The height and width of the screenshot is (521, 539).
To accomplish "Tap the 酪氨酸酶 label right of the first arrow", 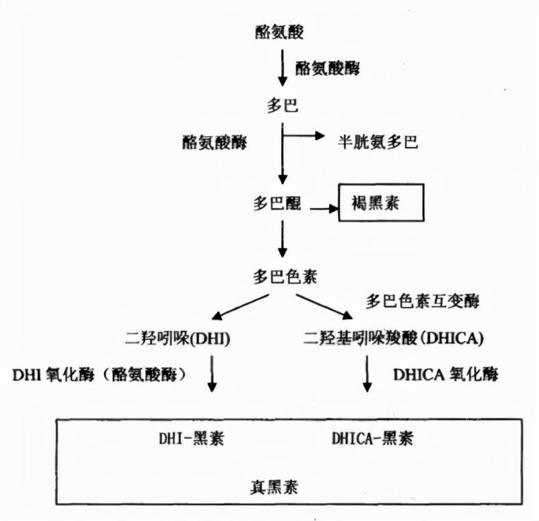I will coord(327,68).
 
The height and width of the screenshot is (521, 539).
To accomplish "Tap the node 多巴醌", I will coord(279,204).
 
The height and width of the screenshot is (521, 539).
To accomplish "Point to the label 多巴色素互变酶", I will coord(422,301).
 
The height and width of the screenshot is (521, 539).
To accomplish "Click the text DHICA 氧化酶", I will coord(446,375).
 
